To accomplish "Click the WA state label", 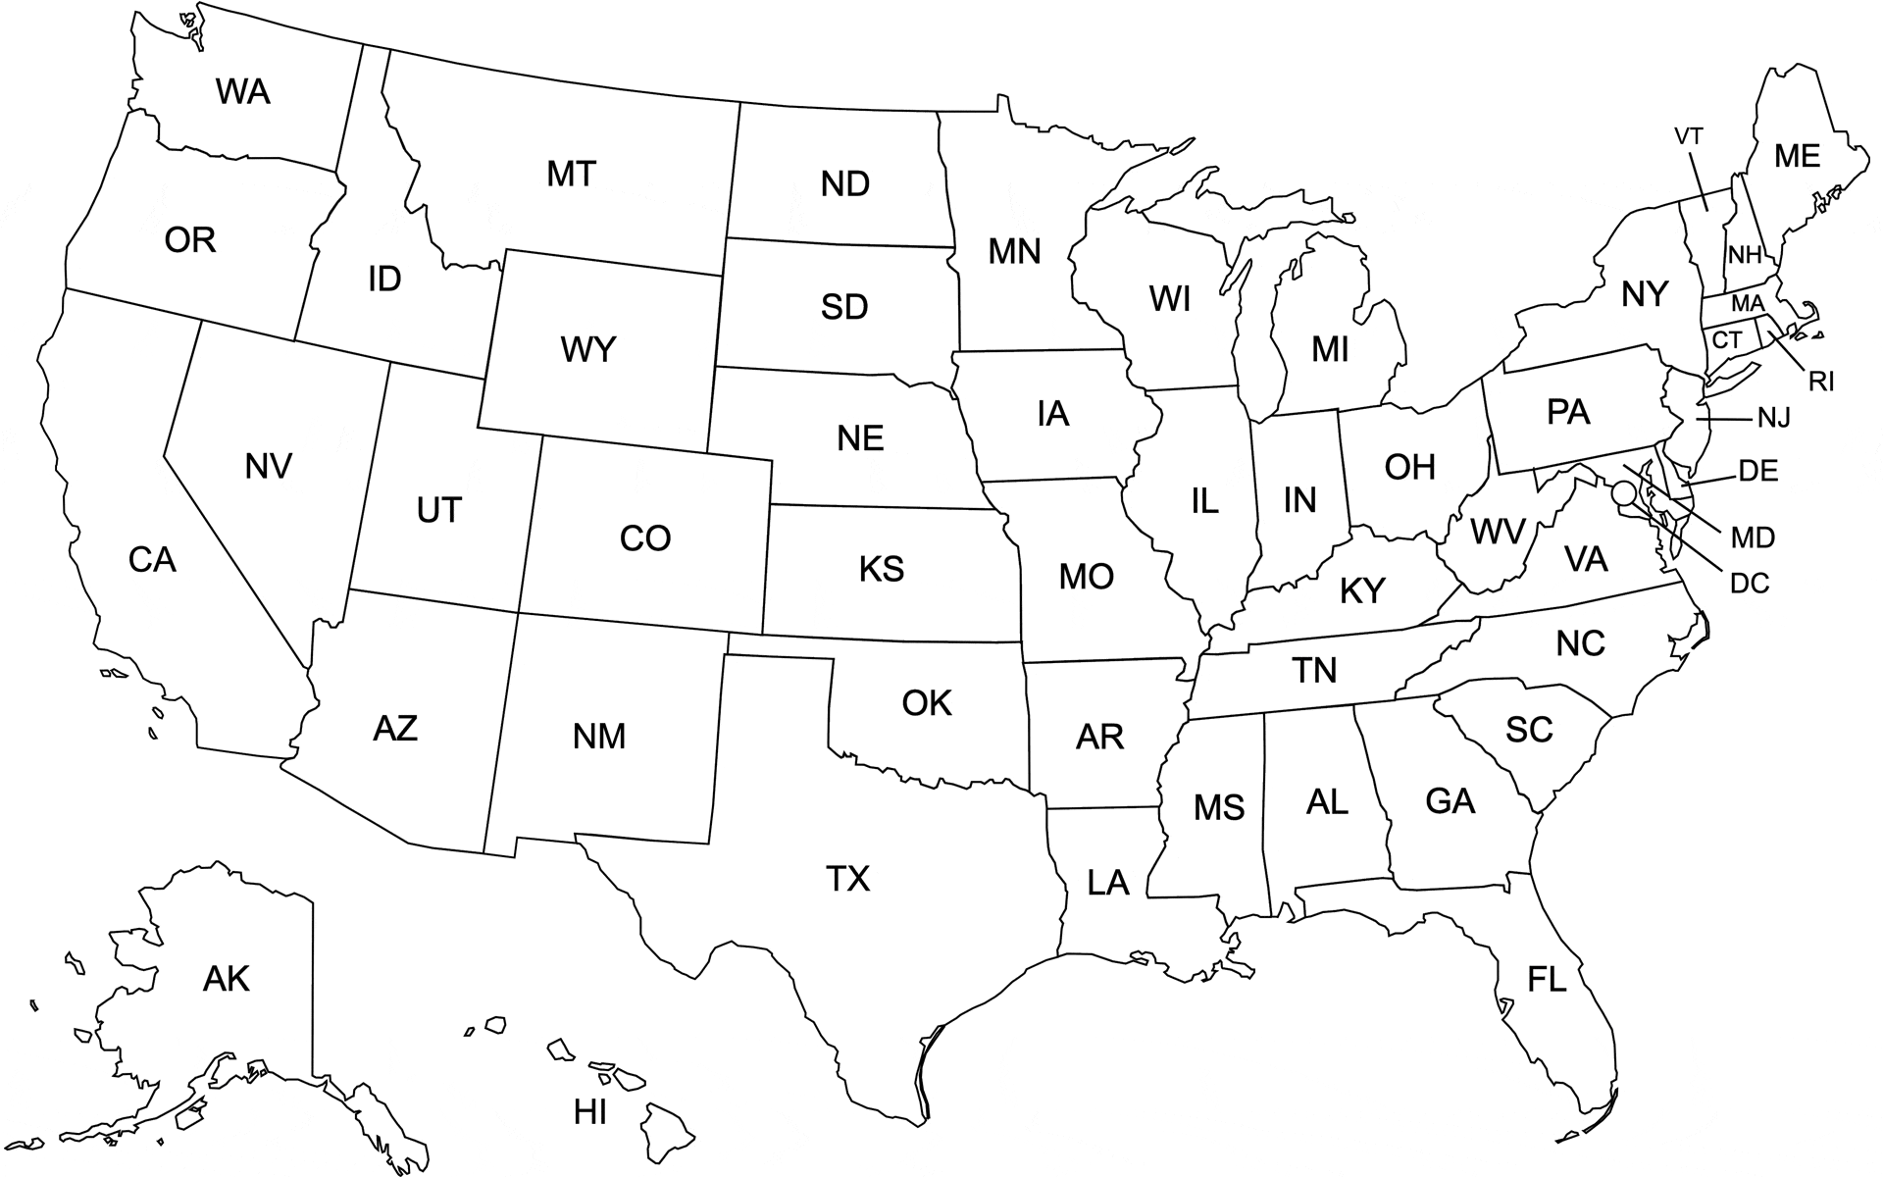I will (x=243, y=92).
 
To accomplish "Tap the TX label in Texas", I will (x=848, y=879).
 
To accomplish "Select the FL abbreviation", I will (x=1547, y=979).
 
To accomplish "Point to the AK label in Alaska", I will (x=227, y=978).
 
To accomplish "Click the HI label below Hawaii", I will (x=590, y=1112).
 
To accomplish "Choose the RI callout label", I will (x=1821, y=382).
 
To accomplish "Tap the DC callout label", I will (x=1750, y=584).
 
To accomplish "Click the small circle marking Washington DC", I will (x=1624, y=492).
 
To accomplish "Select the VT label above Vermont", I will (x=1689, y=137).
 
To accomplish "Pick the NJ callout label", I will (x=1773, y=419).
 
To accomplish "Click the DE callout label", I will (x=1758, y=472).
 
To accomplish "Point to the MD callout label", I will (x=1753, y=537).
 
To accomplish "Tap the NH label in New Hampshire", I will (x=1745, y=256).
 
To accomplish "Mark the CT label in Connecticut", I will (x=1726, y=340).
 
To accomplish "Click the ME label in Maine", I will (x=1797, y=156).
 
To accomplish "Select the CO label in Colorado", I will (x=645, y=538).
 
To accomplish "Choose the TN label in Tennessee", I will (x=1314, y=671).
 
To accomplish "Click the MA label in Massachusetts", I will (x=1748, y=303).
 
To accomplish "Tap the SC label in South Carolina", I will (x=1529, y=730).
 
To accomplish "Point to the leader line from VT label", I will (x=1699, y=180).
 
